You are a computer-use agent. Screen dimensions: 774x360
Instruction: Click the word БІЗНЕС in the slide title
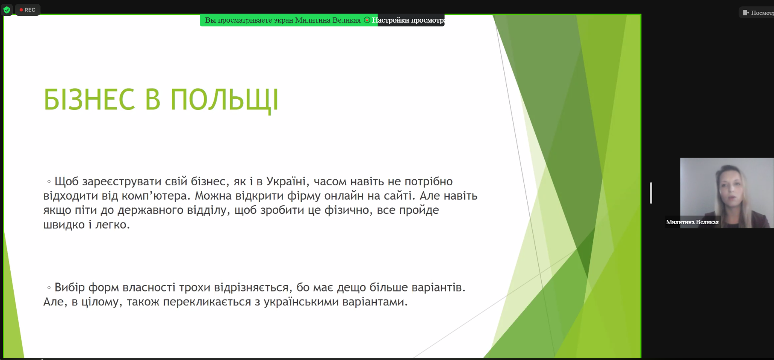click(x=90, y=100)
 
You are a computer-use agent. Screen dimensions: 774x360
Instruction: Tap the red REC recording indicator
click(x=28, y=10)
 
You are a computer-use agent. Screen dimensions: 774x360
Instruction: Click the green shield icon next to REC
click(x=7, y=10)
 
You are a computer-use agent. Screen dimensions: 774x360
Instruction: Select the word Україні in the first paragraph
click(x=286, y=181)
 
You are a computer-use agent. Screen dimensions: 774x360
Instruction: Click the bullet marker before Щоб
click(x=49, y=182)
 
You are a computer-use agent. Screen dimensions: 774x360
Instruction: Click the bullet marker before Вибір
click(x=49, y=288)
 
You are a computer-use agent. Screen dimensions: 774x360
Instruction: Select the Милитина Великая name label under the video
click(x=692, y=222)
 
